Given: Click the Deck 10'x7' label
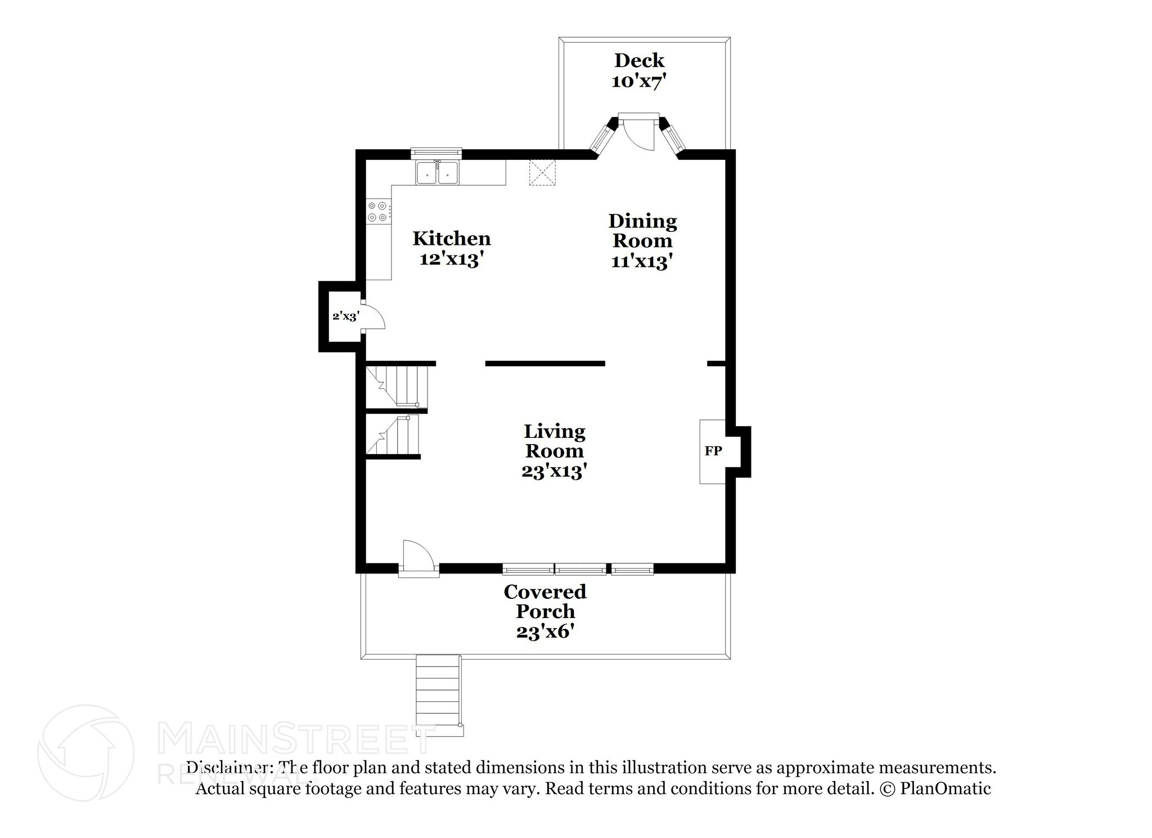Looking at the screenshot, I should click(x=639, y=70).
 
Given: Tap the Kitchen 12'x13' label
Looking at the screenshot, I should click(x=452, y=249).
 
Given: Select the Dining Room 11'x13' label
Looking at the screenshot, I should click(x=642, y=241).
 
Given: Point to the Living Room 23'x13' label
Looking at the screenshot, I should click(x=554, y=451).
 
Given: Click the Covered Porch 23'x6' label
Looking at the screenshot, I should click(x=545, y=611).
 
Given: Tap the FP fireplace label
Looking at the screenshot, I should click(x=713, y=451).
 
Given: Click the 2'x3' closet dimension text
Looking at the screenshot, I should click(x=345, y=316).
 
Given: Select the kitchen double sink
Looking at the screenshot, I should click(x=437, y=173).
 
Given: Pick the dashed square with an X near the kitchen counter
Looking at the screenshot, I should click(x=542, y=172).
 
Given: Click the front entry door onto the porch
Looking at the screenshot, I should click(x=418, y=558).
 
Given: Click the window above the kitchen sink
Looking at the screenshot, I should click(x=436, y=152).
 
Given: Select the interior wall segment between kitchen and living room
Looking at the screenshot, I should click(x=544, y=364).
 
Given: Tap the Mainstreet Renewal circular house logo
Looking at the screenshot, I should click(x=85, y=752).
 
